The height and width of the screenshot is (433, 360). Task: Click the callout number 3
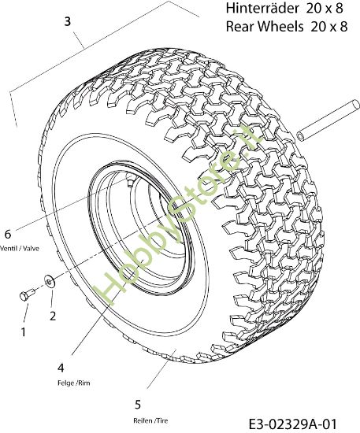[68, 21]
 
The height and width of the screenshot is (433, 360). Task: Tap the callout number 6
[8, 234]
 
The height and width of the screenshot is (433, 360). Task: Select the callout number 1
[24, 331]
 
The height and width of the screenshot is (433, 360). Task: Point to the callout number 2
[53, 316]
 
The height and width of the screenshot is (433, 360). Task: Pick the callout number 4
[61, 368]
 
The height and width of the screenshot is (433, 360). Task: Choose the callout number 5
[138, 405]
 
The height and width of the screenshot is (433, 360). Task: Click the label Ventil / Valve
[20, 248]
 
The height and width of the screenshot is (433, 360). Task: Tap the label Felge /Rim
[74, 383]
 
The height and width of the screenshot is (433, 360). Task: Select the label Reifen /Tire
[150, 420]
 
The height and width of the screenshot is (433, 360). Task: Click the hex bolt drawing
[27, 294]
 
